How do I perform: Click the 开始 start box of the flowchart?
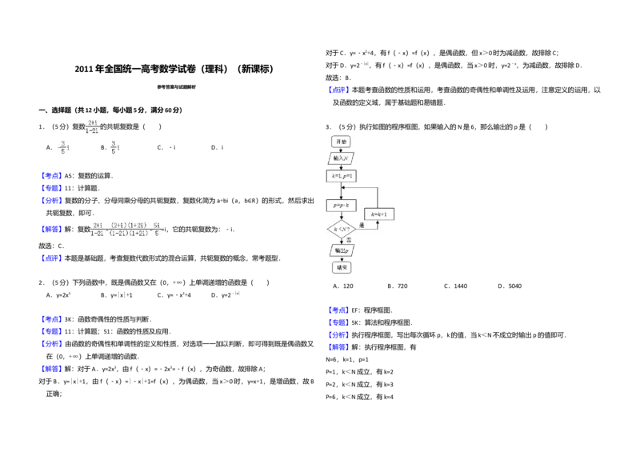click(342, 142)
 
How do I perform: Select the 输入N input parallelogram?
click(342, 158)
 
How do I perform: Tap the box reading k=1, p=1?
click(341, 175)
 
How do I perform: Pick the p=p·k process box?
click(342, 206)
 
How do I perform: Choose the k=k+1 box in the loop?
click(380, 214)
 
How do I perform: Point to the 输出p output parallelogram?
click(342, 250)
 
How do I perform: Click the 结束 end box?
click(342, 267)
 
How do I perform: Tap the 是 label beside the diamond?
click(362, 226)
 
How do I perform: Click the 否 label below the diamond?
click(349, 240)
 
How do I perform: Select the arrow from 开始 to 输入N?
click(342, 150)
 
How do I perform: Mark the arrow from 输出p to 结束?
click(342, 259)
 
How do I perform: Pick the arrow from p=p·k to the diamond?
click(342, 215)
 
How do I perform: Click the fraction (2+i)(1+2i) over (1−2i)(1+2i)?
click(129, 229)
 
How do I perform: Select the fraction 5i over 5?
click(158, 229)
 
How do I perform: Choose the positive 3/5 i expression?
click(114, 147)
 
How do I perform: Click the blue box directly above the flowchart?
click(338, 90)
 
